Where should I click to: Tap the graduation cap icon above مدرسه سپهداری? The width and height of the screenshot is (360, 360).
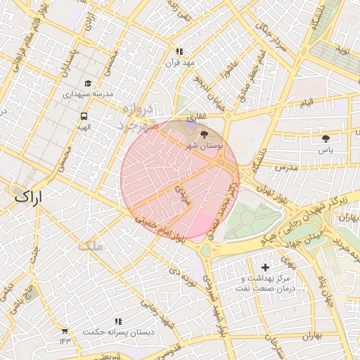pos(87,82)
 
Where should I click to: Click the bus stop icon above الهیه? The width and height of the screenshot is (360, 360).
pos(84,116)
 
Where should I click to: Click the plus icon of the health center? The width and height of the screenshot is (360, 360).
pos(264,267)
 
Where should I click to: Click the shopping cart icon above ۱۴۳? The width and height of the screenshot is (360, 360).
pos(65,330)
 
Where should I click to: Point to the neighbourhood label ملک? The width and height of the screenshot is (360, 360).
pos(91,246)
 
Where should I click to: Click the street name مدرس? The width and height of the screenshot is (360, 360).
pos(288,169)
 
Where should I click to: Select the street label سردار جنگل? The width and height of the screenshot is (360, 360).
pos(271,38)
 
